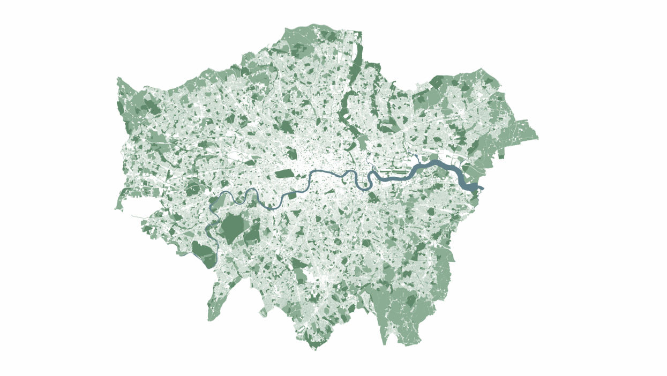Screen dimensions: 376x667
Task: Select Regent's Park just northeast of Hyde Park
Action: coord(293,154)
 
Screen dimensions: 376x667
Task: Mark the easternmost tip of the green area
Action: coord(537,138)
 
